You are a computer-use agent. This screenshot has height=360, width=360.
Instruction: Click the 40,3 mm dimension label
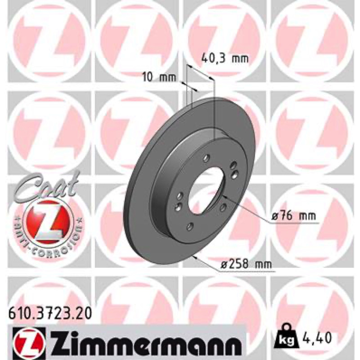(225, 59)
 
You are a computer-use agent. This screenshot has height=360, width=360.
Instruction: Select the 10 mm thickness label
(159, 77)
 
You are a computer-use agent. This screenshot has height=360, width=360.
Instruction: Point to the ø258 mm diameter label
(246, 265)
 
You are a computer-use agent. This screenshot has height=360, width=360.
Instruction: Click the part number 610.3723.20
(50, 314)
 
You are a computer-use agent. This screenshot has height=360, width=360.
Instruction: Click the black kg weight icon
(287, 336)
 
